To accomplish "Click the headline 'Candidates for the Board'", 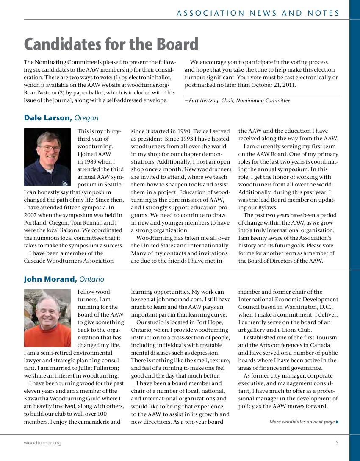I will pos(111,44).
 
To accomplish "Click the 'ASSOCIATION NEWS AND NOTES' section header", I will pos(258,13).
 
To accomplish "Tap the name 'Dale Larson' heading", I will pos(47,118).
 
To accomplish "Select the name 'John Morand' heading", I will pos(50,279).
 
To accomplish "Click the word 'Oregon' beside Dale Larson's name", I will pos(86,118).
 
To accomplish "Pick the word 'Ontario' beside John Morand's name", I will pos(91,279).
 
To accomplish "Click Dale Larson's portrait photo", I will pos(47,157).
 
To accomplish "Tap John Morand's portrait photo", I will pos(47,318).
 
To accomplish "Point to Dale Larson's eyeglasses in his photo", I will pos(49,149).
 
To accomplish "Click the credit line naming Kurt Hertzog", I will pos(238,100).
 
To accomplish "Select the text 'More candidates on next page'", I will pos(302,422).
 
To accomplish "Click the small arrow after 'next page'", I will pos(337,422).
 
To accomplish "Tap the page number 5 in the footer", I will pos(337,443).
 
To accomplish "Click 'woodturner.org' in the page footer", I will pos(42,443).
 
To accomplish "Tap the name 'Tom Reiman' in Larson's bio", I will pos(90,222).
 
